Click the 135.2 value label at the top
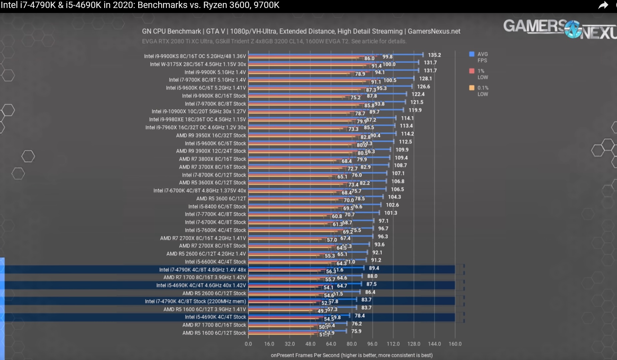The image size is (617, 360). [434, 55]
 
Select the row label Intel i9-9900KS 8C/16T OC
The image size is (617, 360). [195, 56]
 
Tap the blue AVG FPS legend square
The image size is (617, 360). [471, 54]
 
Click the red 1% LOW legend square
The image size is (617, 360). [471, 71]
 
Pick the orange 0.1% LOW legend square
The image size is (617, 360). [471, 88]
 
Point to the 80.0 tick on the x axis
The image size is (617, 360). [352, 344]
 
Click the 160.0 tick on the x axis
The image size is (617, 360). [455, 344]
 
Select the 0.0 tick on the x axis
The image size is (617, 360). [248, 344]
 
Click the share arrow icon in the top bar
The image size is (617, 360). [603, 5]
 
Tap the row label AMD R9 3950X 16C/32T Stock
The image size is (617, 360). [211, 136]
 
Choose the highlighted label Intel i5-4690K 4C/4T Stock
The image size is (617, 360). [215, 317]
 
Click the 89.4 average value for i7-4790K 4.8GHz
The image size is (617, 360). [374, 268]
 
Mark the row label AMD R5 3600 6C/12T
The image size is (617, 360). [221, 198]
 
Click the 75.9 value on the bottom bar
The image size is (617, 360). [356, 331]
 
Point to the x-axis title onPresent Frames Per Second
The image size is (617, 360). [352, 355]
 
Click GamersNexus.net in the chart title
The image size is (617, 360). [434, 31]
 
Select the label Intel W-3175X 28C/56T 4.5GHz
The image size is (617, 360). [198, 64]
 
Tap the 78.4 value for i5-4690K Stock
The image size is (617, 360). [360, 316]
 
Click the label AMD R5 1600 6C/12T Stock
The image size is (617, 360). [214, 333]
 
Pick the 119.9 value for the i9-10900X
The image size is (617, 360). [415, 110]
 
